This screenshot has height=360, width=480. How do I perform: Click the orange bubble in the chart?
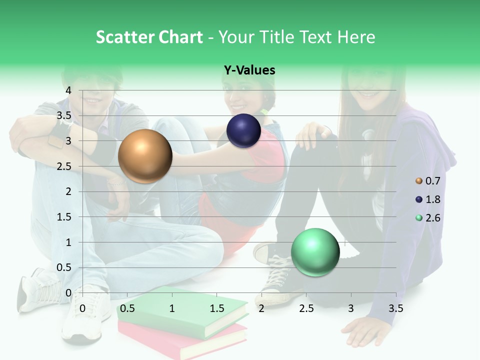(145, 156)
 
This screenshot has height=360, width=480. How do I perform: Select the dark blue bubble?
(243, 131)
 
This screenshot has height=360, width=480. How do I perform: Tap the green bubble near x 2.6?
(315, 252)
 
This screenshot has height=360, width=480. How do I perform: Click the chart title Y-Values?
(249, 70)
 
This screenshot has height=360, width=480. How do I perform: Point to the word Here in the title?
(356, 37)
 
